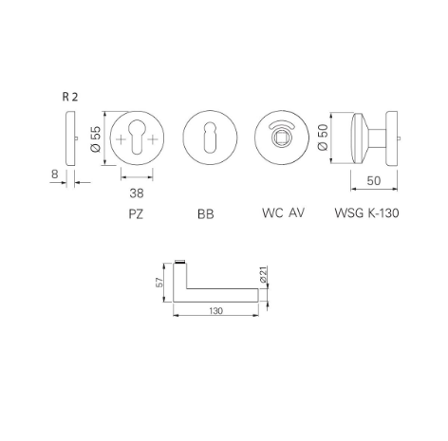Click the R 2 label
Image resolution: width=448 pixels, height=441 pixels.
(x=69, y=98)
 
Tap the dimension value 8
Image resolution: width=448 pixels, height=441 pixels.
(x=55, y=174)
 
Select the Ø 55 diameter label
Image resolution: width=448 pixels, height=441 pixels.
(x=96, y=138)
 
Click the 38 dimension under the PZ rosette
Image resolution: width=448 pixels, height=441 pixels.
(x=137, y=193)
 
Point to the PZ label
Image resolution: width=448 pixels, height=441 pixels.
(x=136, y=213)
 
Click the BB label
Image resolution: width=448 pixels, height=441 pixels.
(x=206, y=214)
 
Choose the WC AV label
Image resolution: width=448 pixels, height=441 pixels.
(x=282, y=213)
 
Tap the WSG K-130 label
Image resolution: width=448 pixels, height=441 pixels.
(x=366, y=213)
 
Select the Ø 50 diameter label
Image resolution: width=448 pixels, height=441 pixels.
(x=322, y=137)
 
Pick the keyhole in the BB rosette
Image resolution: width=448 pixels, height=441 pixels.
(x=207, y=138)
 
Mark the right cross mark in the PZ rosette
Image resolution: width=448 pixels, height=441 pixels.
(x=151, y=138)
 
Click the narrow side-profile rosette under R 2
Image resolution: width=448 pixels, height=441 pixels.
(x=68, y=138)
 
